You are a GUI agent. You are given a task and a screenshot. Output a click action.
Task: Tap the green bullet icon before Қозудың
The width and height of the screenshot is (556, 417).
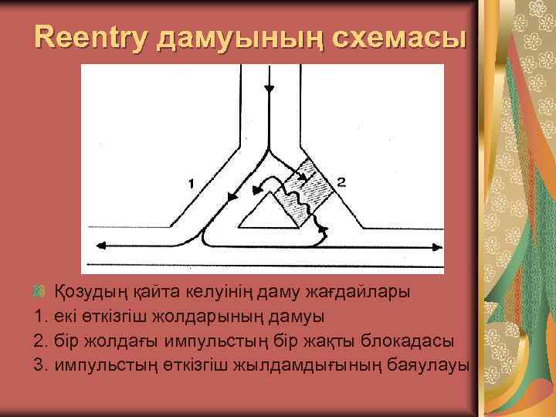pos(42,292)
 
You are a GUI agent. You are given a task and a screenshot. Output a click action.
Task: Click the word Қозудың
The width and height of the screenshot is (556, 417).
pos(88,292)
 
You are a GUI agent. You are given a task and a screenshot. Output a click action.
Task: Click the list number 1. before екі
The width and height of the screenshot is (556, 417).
pos(42,316)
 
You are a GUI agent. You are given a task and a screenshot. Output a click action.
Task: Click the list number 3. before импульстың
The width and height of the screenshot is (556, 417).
pos(42,364)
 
